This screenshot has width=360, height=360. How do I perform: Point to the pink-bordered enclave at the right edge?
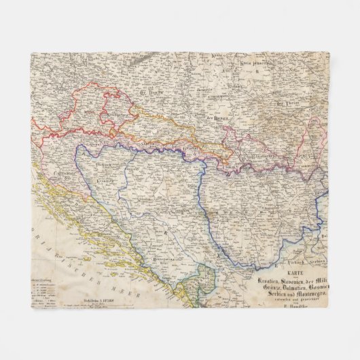[x=318, y=129]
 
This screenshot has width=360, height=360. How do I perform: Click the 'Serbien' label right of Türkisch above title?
[x=317, y=260]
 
